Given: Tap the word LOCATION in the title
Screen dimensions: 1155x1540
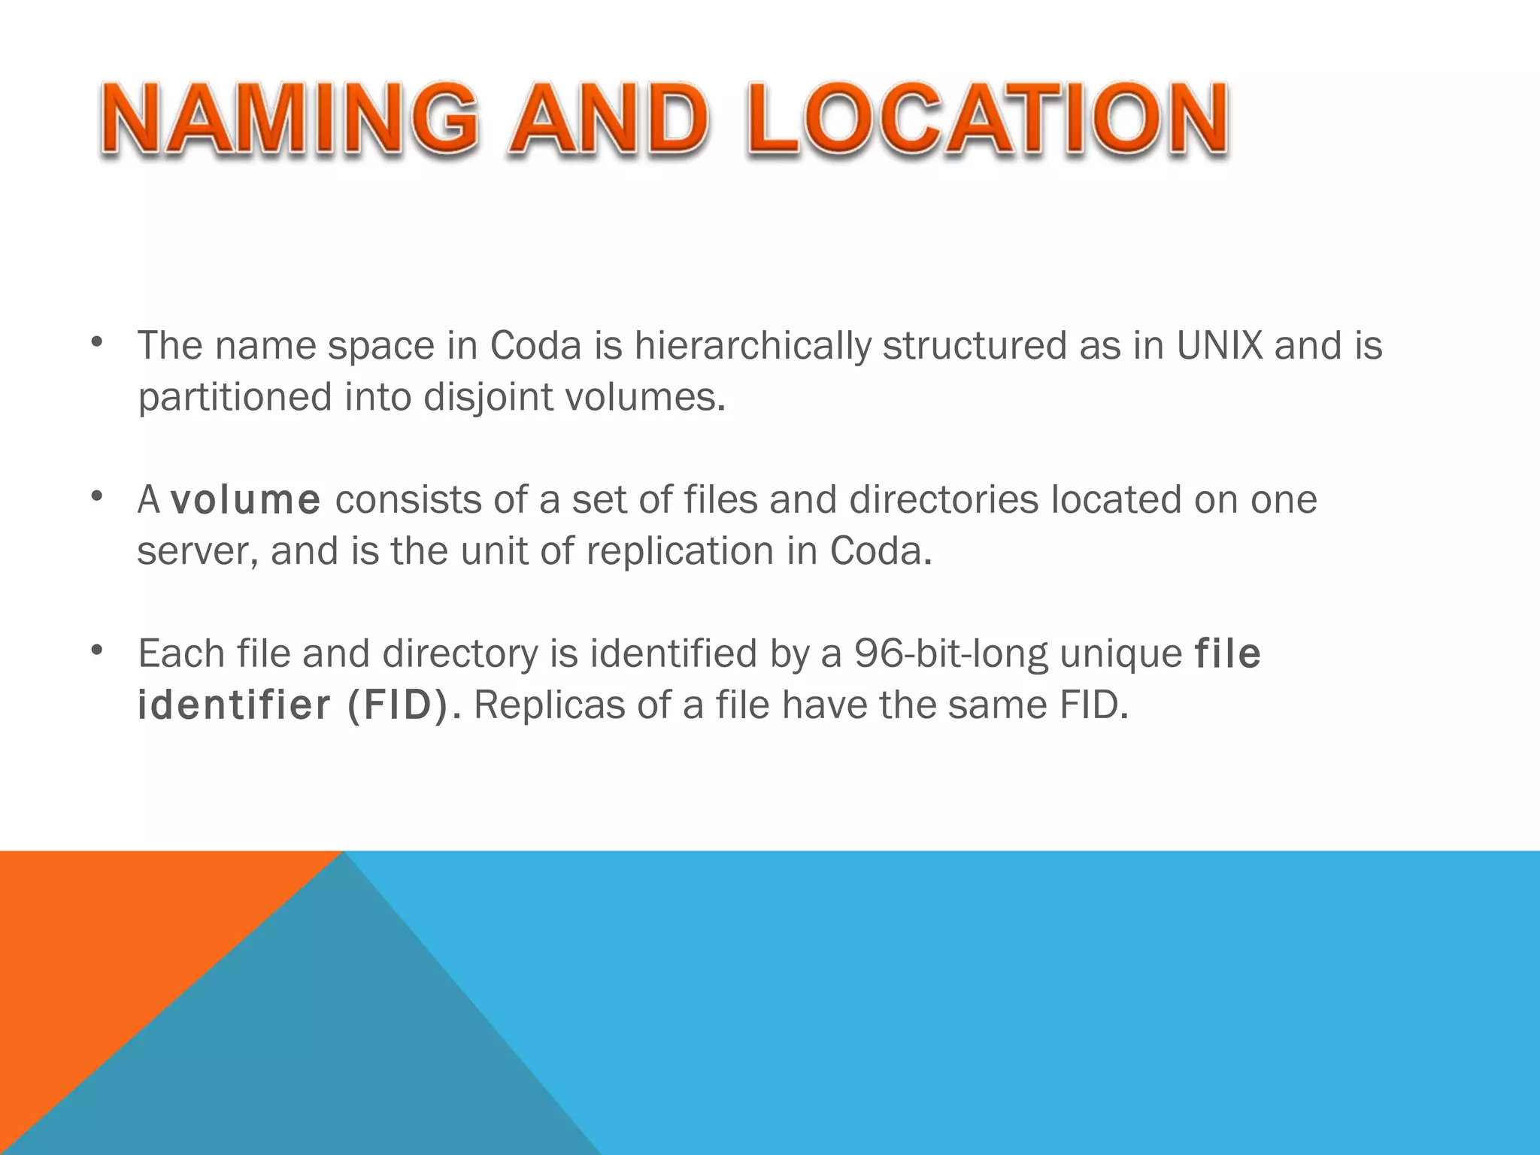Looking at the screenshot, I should pyautogui.click(x=987, y=120).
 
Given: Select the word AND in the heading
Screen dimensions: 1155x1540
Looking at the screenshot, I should pyautogui.click(x=608, y=120).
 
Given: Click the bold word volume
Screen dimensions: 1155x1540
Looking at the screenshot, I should pyautogui.click(x=246, y=500).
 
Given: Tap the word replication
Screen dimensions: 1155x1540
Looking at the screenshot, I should pyautogui.click(x=680, y=551).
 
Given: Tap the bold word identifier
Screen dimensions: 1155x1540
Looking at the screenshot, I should pyautogui.click(x=234, y=705).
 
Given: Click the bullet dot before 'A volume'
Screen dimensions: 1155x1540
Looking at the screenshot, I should pyautogui.click(x=95, y=497).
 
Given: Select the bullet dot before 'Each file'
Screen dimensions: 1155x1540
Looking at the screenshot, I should pyautogui.click(x=95, y=650).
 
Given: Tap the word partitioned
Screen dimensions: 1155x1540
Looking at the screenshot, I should pyautogui.click(x=234, y=397).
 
